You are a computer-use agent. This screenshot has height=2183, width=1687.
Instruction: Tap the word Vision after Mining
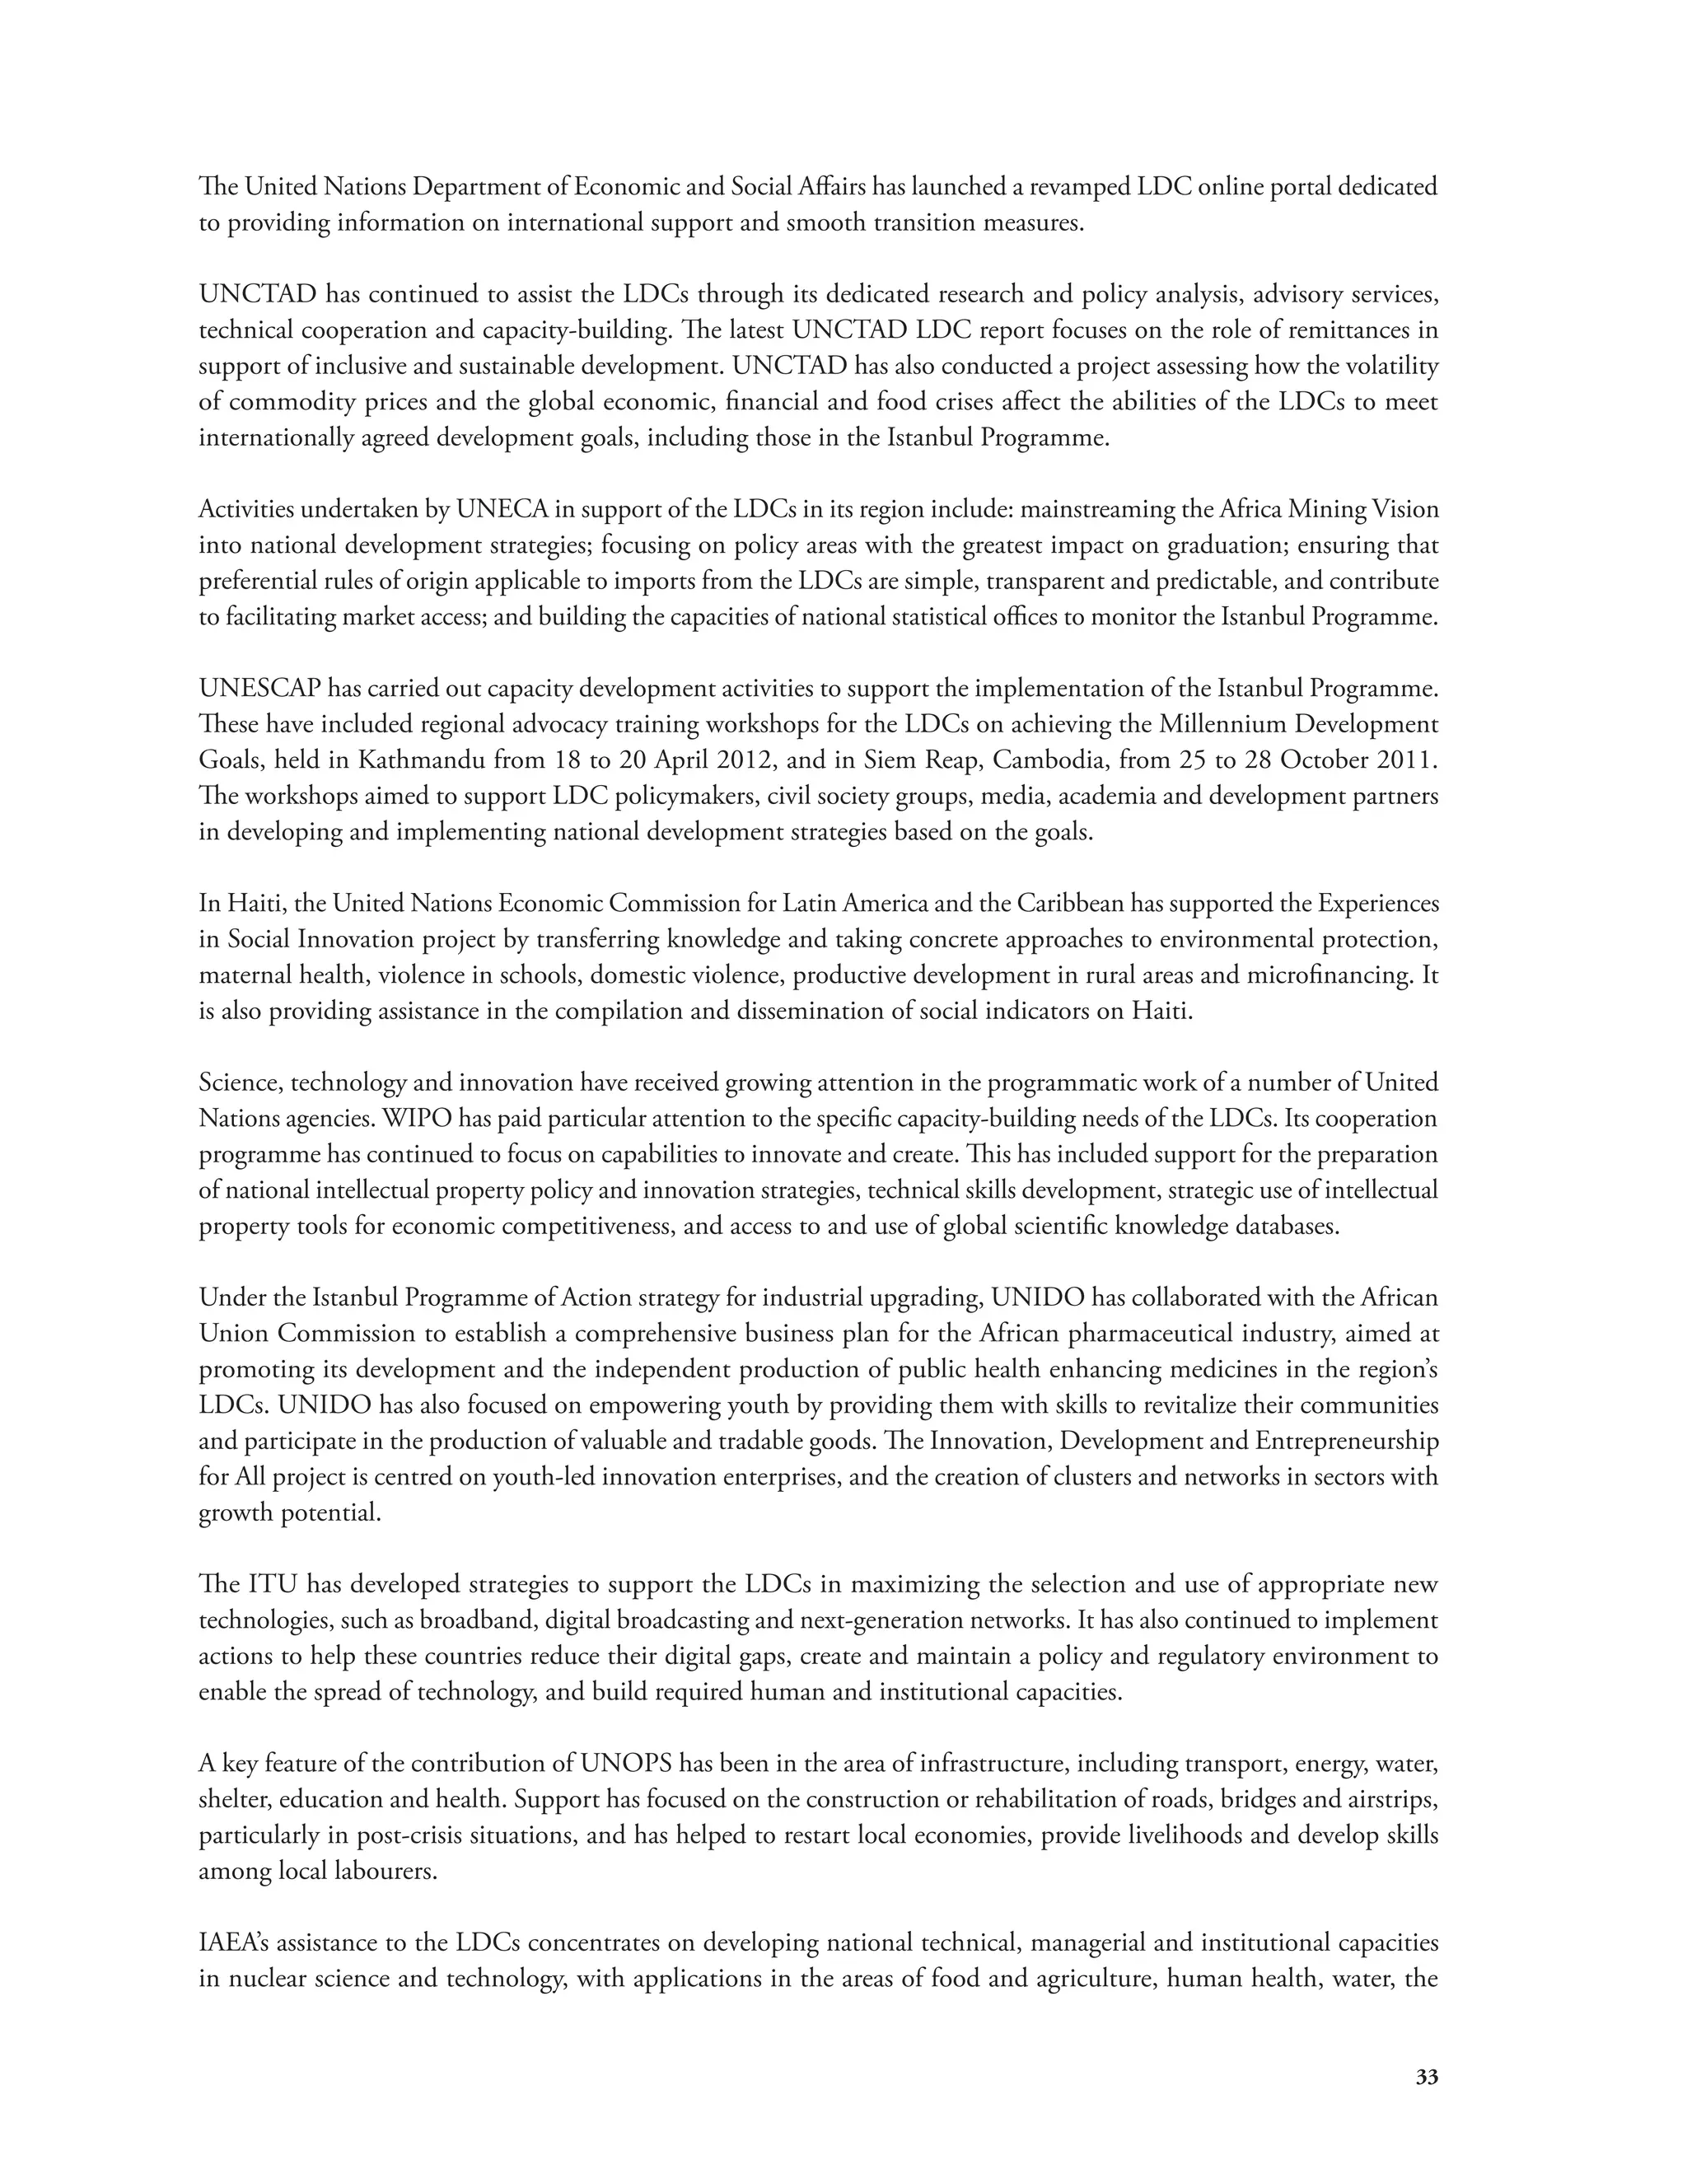1404,510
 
